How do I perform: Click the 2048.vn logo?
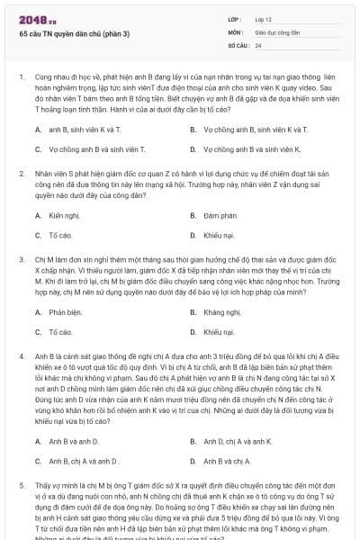pyautogui.click(x=37, y=18)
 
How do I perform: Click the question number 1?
pyautogui.click(x=21, y=78)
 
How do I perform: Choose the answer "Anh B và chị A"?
pyautogui.click(x=227, y=460)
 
